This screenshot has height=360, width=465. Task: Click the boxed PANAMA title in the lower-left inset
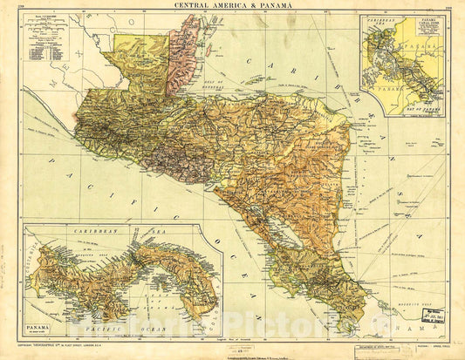pyautogui.click(x=39, y=329)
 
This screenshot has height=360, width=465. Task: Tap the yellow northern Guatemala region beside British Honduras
pyautogui.click(x=142, y=61)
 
